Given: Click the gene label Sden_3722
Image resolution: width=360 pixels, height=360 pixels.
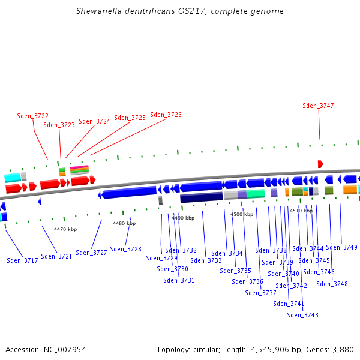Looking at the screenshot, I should (x=33, y=116).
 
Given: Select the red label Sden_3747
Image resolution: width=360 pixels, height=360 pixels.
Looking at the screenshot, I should (x=319, y=106).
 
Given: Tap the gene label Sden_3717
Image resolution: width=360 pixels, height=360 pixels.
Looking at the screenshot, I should (x=23, y=260).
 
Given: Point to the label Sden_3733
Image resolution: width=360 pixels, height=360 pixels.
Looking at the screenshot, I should (x=206, y=260).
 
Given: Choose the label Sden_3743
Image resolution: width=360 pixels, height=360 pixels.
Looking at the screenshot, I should (x=303, y=315).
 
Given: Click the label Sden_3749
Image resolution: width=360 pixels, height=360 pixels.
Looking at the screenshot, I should (x=342, y=247).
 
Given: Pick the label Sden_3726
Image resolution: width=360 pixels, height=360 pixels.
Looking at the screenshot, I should (x=166, y=115).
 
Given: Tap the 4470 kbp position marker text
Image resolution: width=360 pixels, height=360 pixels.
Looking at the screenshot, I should (x=65, y=229).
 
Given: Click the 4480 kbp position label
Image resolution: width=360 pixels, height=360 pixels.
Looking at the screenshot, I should (x=124, y=223).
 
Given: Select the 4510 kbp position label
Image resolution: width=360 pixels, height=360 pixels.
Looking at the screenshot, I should (x=301, y=211).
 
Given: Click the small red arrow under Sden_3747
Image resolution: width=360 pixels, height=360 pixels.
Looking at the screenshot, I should (x=320, y=164).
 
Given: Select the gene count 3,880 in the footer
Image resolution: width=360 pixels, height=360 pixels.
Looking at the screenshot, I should (x=342, y=349).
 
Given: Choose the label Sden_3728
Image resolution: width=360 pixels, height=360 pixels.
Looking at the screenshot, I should (x=126, y=249).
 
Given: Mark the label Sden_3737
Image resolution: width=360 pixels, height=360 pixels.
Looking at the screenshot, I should (x=261, y=293).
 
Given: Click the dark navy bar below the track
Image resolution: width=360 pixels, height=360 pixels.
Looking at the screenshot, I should (x=202, y=197).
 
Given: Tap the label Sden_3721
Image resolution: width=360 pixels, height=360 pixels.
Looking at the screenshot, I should (x=57, y=256).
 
